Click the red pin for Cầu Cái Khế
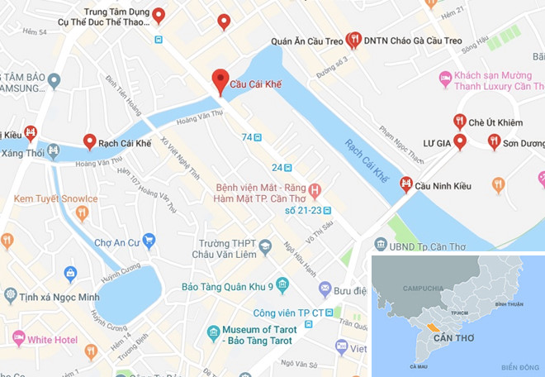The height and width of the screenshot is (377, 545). tap(220, 80)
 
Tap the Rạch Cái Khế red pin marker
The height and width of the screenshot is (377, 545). tap(89, 141)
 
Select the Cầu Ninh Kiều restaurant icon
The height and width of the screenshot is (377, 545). tap(405, 184)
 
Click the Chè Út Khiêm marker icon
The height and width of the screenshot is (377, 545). tap(460, 121)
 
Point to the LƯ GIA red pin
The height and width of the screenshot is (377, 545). tap(460, 141)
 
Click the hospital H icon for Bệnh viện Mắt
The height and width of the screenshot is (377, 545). tap(314, 191)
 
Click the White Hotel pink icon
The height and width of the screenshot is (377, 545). tap(17, 338)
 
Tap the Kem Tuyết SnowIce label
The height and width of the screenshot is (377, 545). tap(55, 198)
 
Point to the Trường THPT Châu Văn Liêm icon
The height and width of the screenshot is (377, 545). tap(265, 246)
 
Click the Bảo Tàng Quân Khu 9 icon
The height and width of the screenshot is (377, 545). tap(282, 286)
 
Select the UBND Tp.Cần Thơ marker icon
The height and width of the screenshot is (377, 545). tap(380, 244)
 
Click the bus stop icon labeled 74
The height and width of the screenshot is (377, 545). tap(258, 136)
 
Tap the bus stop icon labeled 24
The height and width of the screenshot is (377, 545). tap(287, 167)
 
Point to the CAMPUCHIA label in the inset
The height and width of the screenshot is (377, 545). tap(423, 288)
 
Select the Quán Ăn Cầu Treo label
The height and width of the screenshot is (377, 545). tap(306, 41)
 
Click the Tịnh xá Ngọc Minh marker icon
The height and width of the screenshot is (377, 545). tap(10, 295)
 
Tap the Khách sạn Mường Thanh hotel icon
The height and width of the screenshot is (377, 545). tap(446, 79)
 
